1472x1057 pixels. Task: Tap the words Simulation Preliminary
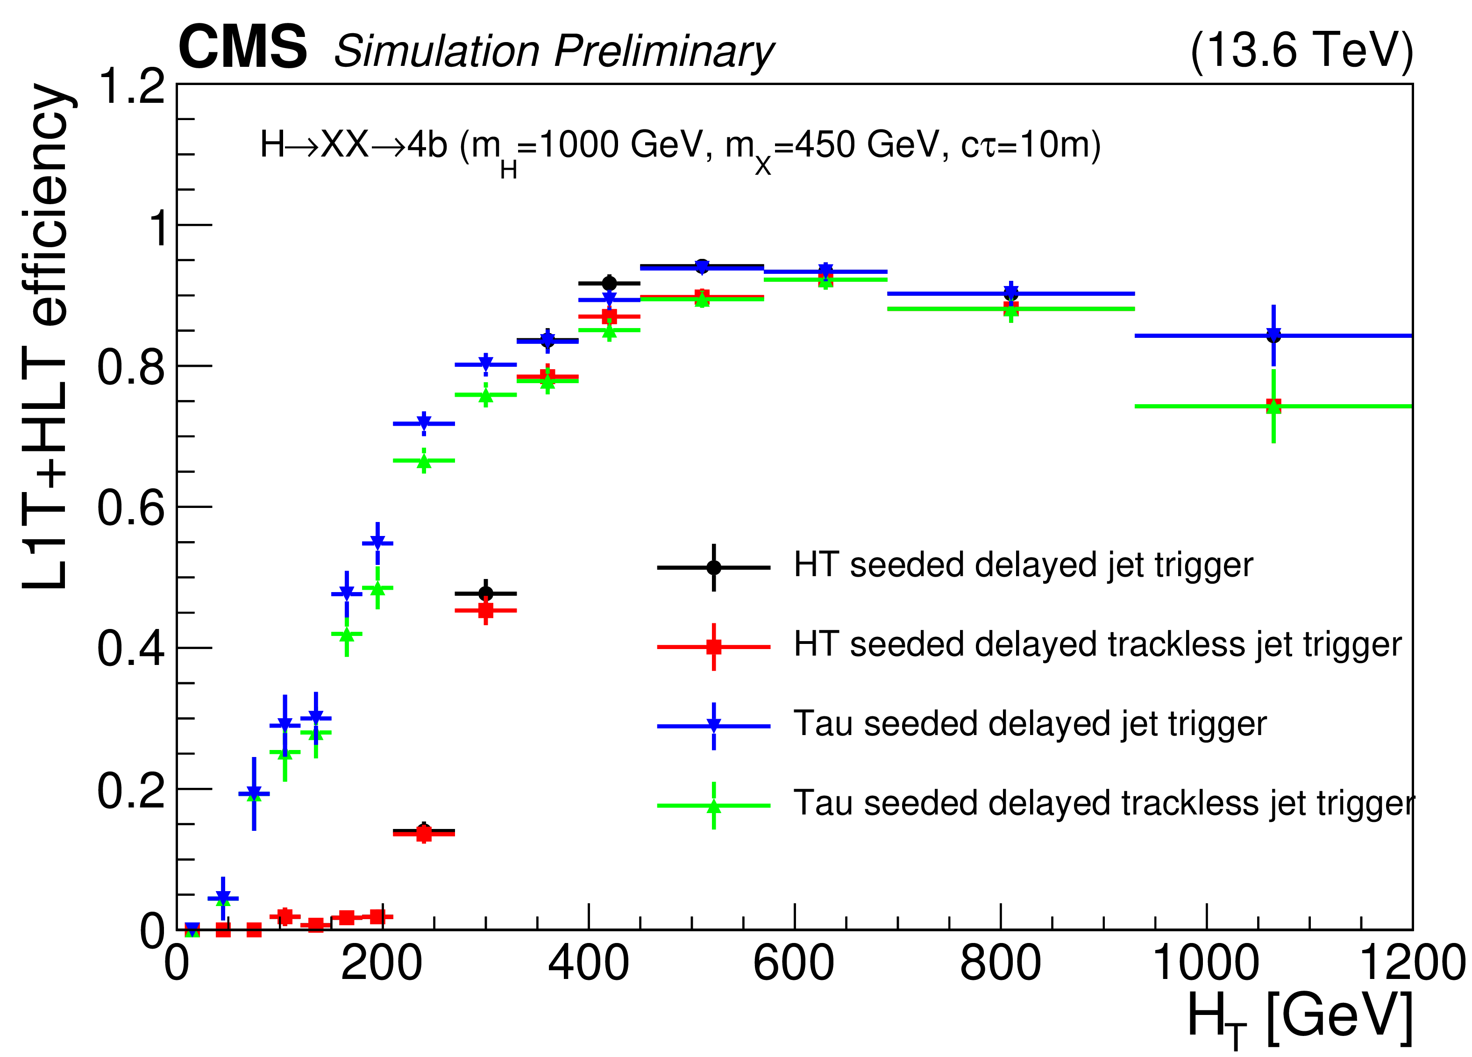click(x=553, y=51)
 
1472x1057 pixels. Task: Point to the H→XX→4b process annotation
click(x=680, y=147)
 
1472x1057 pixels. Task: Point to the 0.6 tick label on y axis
click(x=130, y=508)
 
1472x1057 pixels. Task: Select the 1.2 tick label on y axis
click(x=130, y=86)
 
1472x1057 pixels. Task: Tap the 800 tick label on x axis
click(x=1000, y=964)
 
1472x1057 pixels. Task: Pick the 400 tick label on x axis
click(x=588, y=964)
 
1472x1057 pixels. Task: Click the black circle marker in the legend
click(x=713, y=567)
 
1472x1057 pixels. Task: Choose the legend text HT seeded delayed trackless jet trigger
click(x=1097, y=645)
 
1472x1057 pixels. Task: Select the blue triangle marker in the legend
click(x=713, y=726)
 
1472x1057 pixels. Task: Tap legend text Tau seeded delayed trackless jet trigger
click(x=1103, y=804)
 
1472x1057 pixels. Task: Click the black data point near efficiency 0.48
click(x=485, y=593)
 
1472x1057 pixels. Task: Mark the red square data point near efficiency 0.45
click(x=485, y=610)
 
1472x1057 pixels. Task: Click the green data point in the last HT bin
click(x=1273, y=407)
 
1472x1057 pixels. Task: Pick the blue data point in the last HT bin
click(x=1273, y=336)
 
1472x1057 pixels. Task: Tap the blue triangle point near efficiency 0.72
click(x=424, y=423)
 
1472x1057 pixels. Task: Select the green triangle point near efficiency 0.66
click(x=424, y=462)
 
